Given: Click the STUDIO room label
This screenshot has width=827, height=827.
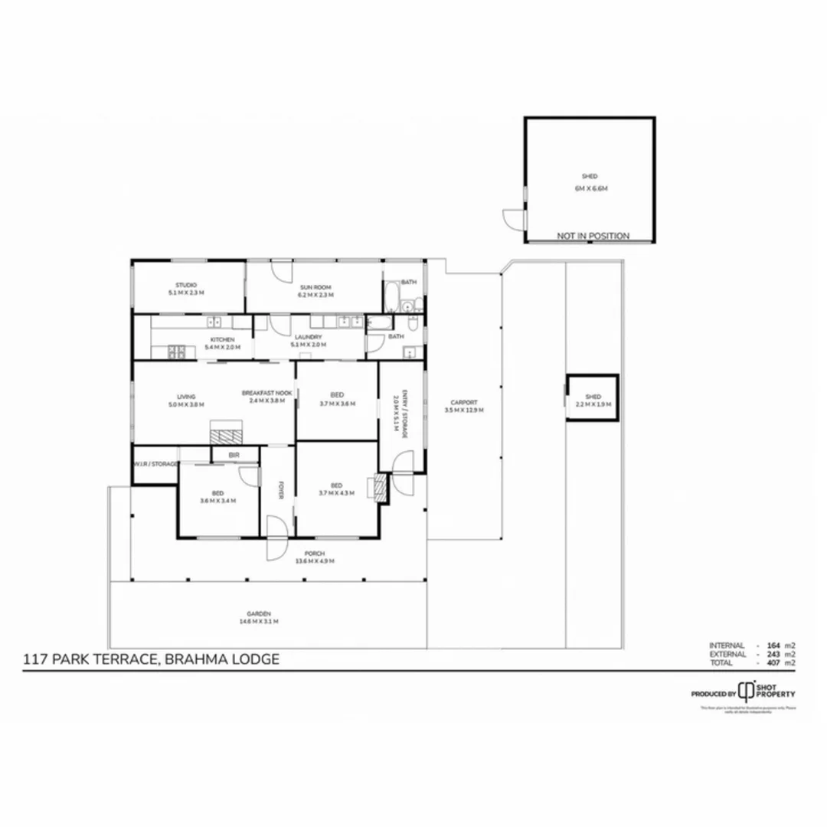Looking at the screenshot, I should [x=187, y=285].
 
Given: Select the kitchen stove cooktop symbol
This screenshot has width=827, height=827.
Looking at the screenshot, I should [x=176, y=353].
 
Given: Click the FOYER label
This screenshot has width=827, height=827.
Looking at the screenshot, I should [x=281, y=490].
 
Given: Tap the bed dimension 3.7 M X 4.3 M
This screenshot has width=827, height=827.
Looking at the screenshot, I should [x=337, y=493].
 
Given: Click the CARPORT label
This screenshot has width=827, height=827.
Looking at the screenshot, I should [x=464, y=402].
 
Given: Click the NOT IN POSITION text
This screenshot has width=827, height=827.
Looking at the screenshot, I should [x=593, y=236].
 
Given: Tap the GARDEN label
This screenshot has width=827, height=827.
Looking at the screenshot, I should [x=259, y=613].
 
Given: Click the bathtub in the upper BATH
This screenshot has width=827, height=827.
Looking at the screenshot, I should [x=391, y=296].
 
